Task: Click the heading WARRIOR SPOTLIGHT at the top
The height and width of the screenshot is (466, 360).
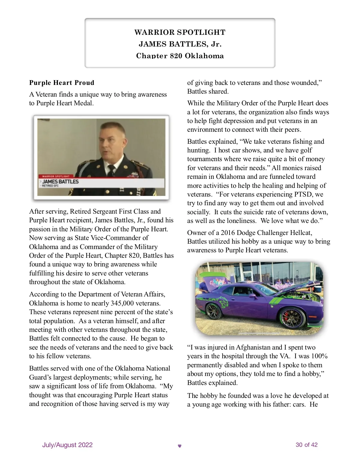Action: coord(180,32)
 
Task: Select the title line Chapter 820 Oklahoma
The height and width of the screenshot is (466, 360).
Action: coord(180,56)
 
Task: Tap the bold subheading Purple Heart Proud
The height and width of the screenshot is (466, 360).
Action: coord(61,83)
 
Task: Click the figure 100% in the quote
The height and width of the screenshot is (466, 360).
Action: coord(319,356)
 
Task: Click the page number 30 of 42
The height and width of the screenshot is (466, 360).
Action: coord(306,445)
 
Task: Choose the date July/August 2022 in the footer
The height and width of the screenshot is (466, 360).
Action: coord(67,445)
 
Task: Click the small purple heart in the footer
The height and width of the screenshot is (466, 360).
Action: coord(180,446)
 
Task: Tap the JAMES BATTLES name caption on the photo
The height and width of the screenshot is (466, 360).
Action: coord(60,182)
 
